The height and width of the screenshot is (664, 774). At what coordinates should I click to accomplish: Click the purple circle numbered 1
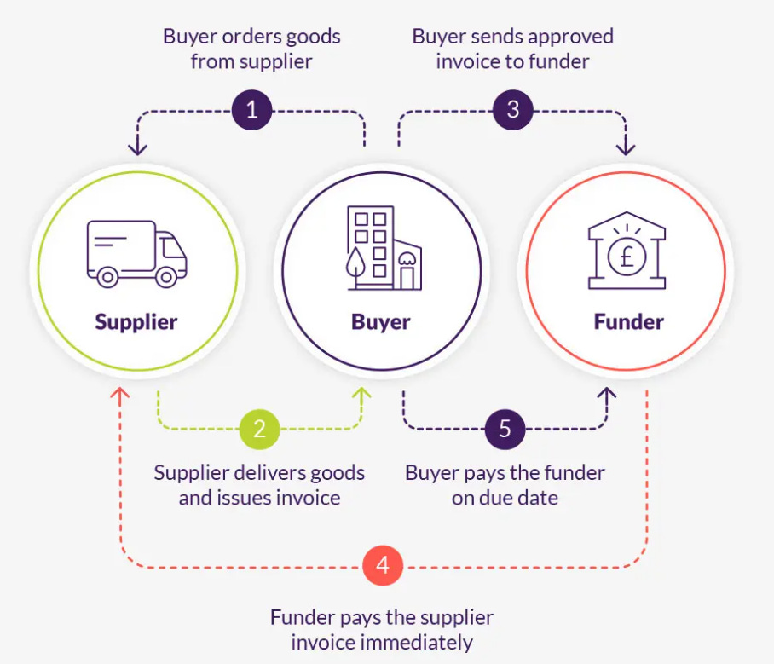click(251, 110)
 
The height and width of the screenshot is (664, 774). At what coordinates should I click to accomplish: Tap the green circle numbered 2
click(260, 428)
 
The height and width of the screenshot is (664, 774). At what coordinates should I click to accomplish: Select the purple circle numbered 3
click(513, 110)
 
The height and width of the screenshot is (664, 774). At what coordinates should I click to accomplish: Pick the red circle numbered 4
click(383, 566)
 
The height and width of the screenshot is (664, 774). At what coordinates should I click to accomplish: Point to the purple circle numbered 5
click(505, 428)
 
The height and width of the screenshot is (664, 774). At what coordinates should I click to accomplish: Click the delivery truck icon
click(136, 253)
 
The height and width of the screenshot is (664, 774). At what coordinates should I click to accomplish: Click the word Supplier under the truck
click(136, 322)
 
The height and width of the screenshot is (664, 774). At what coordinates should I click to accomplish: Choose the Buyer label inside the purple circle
click(381, 322)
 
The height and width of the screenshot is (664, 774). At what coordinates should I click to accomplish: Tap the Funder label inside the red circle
click(628, 322)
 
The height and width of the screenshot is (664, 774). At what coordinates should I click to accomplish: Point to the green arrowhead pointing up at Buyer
click(362, 394)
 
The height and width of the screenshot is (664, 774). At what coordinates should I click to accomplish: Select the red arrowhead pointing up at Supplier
click(120, 394)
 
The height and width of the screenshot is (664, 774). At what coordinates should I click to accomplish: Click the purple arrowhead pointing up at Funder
click(607, 394)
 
